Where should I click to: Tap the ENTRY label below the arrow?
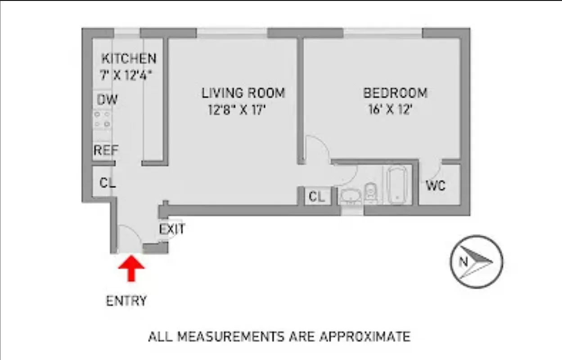[126, 301]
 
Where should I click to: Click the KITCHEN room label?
[129, 58]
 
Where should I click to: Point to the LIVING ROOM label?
[243, 93]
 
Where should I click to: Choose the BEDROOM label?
[395, 93]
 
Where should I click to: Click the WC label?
[436, 185]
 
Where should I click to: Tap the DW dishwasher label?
[107, 99]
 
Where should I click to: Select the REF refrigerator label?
[105, 150]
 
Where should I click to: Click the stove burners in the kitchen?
[103, 119]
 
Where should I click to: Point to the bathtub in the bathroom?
[396, 185]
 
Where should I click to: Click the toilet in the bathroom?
[370, 193]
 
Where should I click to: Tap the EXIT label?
[172, 229]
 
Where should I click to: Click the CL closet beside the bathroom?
[317, 197]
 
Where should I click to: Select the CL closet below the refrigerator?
[107, 183]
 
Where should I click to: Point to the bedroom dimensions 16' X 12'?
[390, 110]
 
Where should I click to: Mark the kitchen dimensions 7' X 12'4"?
[126, 75]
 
